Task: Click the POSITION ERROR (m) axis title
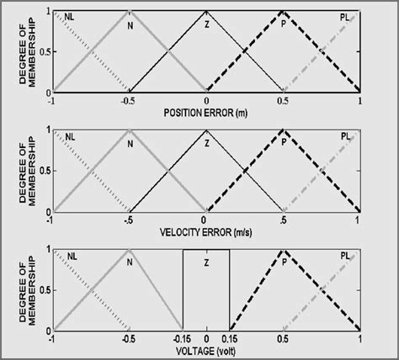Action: pos(205,113)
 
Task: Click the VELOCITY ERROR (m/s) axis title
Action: pos(205,232)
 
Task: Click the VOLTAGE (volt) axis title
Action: pos(205,352)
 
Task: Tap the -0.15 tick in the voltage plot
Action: pos(182,340)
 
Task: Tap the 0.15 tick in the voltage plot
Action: pos(230,340)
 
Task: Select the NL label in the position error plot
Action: pos(69,16)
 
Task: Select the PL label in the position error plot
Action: pos(345,16)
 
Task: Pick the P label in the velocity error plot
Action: pos(285,142)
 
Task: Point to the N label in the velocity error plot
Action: pos(130,142)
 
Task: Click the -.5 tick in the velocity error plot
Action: pos(129,220)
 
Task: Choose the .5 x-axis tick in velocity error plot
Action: pos(283,220)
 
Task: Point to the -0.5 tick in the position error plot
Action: pos(129,101)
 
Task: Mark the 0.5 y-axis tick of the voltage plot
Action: pos(44,290)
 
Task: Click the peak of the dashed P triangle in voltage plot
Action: pos(283,251)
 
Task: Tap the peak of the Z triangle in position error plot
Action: pos(206,11)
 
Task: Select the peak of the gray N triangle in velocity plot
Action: pos(129,130)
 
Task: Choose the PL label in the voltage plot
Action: pos(345,255)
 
